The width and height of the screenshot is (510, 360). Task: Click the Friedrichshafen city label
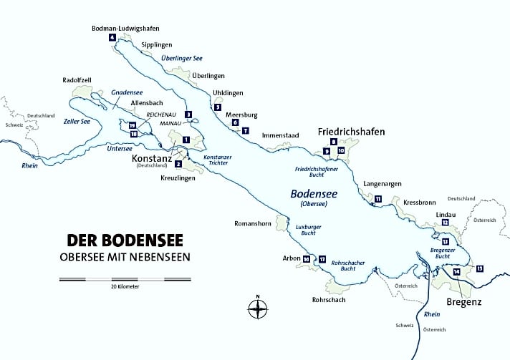pos(351,132)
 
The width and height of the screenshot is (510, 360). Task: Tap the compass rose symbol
pos(257,308)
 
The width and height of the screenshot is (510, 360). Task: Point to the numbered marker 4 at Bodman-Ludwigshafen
pos(112,37)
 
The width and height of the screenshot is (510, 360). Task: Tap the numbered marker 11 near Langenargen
pos(377,198)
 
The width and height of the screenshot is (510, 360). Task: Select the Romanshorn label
pos(253,223)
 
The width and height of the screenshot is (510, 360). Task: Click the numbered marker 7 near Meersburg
pos(245,131)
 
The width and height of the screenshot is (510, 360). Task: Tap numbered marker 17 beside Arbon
pos(322,258)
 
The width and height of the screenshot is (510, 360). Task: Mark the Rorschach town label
pos(329,299)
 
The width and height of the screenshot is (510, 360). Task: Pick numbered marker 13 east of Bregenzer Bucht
pos(479,268)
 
